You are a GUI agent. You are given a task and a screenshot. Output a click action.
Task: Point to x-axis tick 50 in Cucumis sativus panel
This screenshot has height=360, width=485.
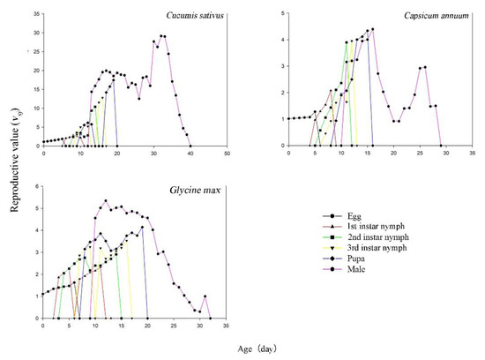(x=227, y=154)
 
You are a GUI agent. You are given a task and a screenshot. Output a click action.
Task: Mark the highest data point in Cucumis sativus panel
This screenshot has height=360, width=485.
(x=161, y=36)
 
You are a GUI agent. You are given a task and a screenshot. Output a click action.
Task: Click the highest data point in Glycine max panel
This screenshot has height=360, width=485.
(x=106, y=200)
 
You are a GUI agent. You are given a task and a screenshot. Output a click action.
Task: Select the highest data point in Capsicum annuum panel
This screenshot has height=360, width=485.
(x=373, y=29)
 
